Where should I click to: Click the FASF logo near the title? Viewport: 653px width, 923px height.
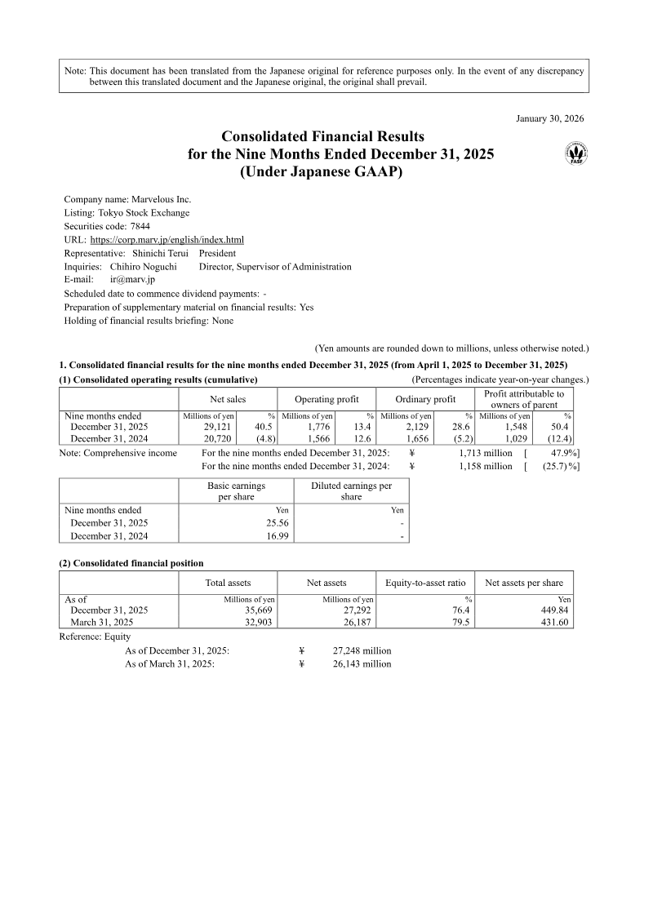point(577,152)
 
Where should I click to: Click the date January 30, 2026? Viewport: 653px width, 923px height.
point(550,118)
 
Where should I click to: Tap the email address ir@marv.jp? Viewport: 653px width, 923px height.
point(132,280)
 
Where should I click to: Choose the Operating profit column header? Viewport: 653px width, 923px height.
point(326,399)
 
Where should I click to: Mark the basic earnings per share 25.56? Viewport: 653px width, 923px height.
point(276,523)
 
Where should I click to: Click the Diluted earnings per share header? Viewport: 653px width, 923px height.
point(351,491)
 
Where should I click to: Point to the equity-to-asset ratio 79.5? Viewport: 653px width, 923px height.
point(462,622)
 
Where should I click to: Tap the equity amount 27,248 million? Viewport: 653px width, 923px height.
point(362,650)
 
